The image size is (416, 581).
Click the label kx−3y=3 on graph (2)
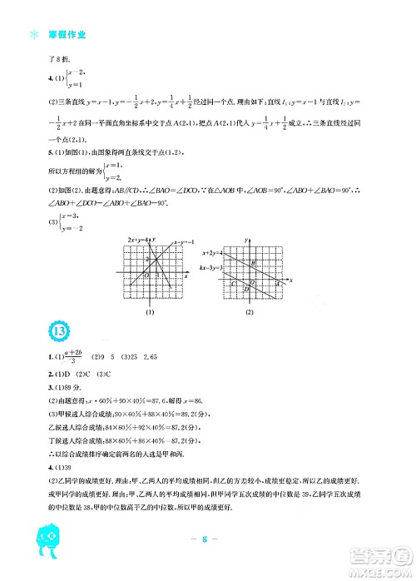coord(214,268)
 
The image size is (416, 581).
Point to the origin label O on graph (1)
coord(146,276)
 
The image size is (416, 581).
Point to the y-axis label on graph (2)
coord(247,241)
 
